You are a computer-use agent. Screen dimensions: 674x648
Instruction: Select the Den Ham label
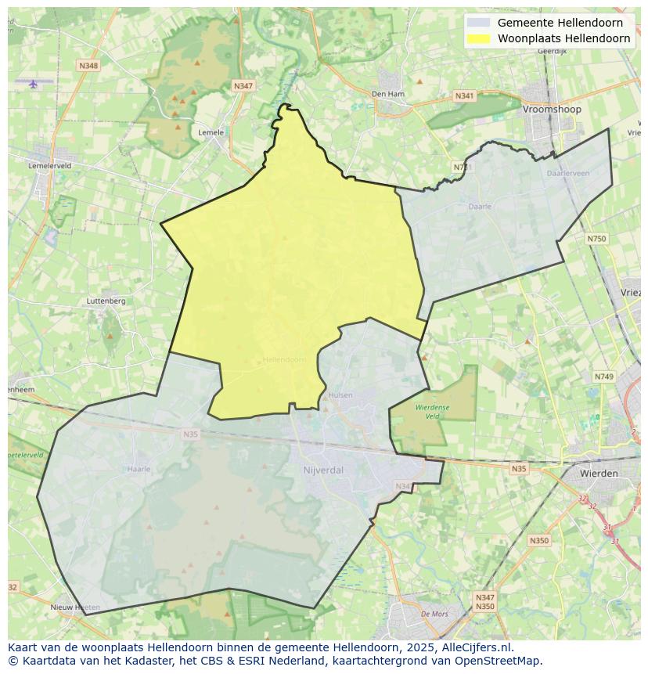(387, 94)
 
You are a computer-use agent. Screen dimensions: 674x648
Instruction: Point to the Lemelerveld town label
(49, 166)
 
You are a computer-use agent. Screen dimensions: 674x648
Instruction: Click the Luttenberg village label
(106, 301)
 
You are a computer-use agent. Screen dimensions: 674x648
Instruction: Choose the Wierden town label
(599, 474)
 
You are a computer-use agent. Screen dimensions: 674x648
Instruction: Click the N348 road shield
(88, 66)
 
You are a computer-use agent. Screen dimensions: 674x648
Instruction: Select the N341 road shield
(464, 96)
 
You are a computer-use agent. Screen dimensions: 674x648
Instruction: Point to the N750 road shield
(596, 238)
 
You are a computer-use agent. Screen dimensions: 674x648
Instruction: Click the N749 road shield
(603, 377)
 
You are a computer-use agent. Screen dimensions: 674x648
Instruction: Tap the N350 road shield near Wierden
(538, 541)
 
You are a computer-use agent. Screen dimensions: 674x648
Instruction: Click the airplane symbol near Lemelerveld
(33, 83)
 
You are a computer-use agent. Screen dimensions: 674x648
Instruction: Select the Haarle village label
(138, 469)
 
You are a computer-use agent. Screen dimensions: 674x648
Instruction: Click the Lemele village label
(211, 132)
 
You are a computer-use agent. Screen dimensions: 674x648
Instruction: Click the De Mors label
(434, 614)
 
